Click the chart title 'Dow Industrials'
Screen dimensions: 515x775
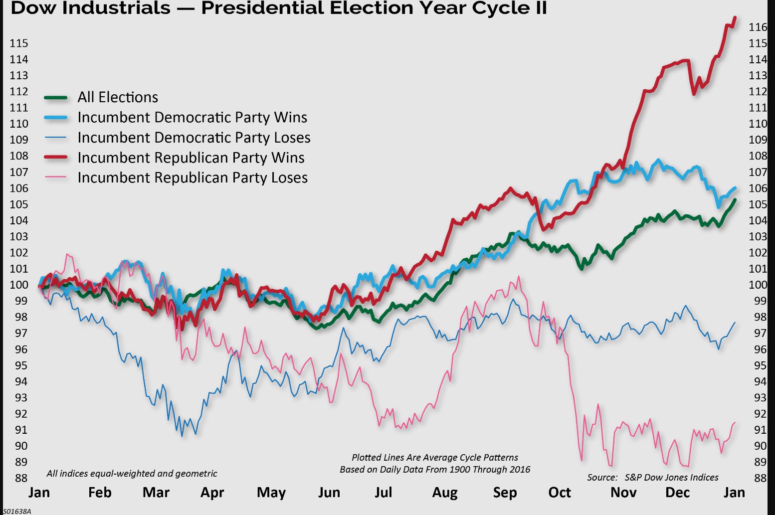point(90,8)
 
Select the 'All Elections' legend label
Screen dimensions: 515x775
point(118,97)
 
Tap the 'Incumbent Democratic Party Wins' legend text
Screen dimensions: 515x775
point(192,117)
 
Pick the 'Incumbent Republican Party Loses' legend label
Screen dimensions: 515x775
point(193,177)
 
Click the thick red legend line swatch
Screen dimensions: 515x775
point(56,158)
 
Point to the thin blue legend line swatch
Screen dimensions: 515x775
point(56,138)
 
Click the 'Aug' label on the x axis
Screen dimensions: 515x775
point(445,493)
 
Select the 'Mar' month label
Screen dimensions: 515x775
point(156,493)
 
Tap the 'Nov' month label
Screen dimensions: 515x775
point(623,493)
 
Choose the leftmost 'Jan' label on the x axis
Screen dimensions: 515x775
point(39,493)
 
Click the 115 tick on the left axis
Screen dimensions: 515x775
point(19,43)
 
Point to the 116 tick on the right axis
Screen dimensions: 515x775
point(758,27)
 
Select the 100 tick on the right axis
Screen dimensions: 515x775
point(758,285)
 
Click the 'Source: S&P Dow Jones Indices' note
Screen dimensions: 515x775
point(652,478)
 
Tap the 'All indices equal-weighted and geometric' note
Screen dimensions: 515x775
point(132,474)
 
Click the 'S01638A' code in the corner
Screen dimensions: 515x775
point(17,511)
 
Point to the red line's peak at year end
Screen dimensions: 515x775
point(735,18)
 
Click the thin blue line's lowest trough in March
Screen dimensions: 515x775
point(182,436)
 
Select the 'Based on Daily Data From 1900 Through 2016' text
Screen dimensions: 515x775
point(435,470)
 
